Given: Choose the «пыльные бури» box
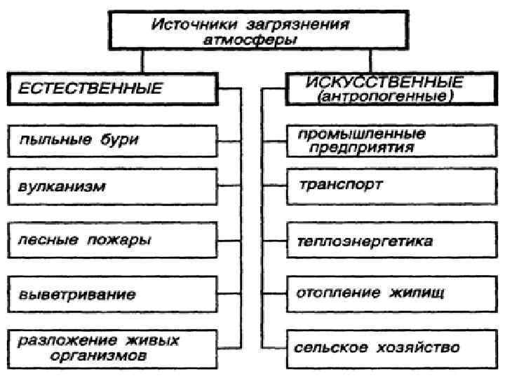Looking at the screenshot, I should tap(111, 140).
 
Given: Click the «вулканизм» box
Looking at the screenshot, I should tap(111, 188).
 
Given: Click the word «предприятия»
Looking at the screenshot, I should tap(358, 148).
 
